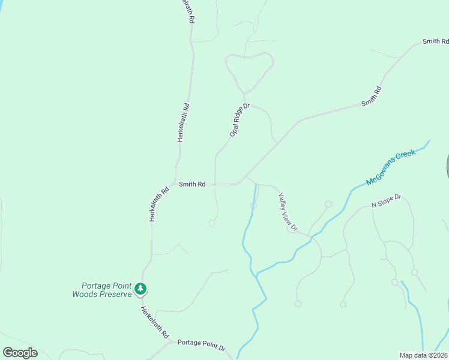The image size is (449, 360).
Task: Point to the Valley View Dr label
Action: (288, 211)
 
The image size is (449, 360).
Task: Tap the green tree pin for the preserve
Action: (140, 289)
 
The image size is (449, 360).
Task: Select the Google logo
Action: (20, 353)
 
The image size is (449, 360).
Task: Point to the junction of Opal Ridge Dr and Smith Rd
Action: (215, 184)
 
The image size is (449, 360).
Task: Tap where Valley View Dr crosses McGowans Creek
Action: (311, 237)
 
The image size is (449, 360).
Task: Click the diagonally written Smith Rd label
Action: (372, 97)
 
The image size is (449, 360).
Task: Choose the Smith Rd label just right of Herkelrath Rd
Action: (192, 184)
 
